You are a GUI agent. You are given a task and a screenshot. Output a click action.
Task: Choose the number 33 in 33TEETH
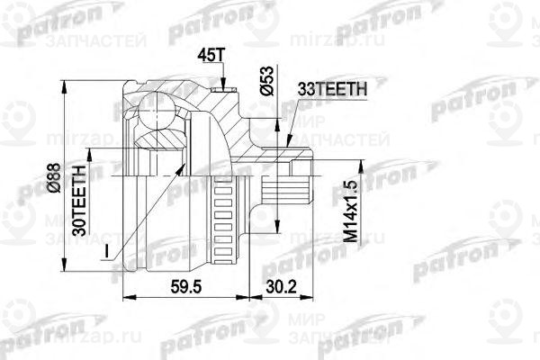pos(303,89)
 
